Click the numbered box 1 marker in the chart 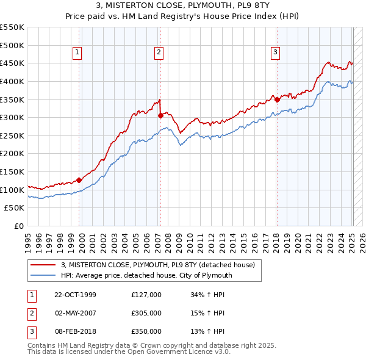(x=78, y=53)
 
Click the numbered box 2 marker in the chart (x=158, y=53)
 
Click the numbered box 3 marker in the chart (x=275, y=53)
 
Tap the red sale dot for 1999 (x=79, y=180)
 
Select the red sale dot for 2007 (x=160, y=115)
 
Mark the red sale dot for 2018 (x=277, y=99)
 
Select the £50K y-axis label (x=15, y=208)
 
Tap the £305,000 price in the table (x=146, y=313)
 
